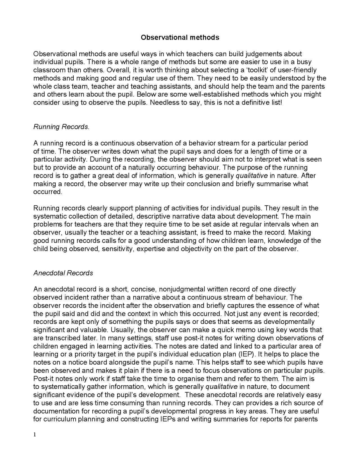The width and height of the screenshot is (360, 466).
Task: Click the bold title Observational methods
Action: tap(180, 37)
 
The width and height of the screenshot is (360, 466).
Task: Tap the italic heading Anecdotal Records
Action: tap(63, 273)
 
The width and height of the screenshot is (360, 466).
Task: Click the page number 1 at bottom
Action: tap(35, 435)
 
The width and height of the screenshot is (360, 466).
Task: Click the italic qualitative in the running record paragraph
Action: tap(251, 176)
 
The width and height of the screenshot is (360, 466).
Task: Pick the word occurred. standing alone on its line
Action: tap(48, 192)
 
